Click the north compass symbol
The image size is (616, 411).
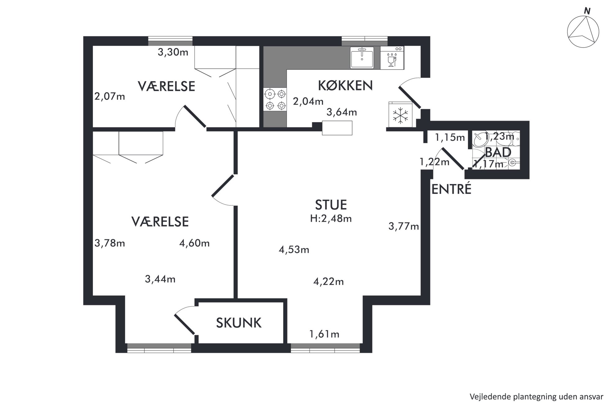pyautogui.click(x=583, y=31)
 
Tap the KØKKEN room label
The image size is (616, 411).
pyautogui.click(x=345, y=85)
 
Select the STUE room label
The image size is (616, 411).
pyautogui.click(x=331, y=205)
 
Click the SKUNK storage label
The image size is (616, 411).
pyautogui.click(x=239, y=323)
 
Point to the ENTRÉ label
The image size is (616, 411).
pyautogui.click(x=451, y=189)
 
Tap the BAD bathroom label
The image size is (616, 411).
pyautogui.click(x=498, y=152)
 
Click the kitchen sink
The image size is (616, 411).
pyautogui.click(x=362, y=57)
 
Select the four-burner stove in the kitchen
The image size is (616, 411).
pyautogui.click(x=275, y=99)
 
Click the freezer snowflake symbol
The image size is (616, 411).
pyautogui.click(x=401, y=116)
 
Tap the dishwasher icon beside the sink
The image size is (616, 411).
pyautogui.click(x=392, y=58)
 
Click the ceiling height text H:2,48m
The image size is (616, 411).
pyautogui.click(x=331, y=219)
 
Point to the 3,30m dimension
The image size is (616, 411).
pyautogui.click(x=173, y=52)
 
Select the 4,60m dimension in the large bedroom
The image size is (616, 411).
pyautogui.click(x=194, y=243)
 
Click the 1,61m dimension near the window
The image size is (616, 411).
pyautogui.click(x=324, y=334)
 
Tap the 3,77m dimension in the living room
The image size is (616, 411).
pyautogui.click(x=404, y=226)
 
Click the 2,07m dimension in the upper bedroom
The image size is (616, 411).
pyautogui.click(x=110, y=97)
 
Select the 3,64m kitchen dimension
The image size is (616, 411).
pyautogui.click(x=342, y=112)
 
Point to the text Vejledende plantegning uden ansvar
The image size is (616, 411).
pyautogui.click(x=537, y=397)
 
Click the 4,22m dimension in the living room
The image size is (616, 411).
pyautogui.click(x=328, y=282)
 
